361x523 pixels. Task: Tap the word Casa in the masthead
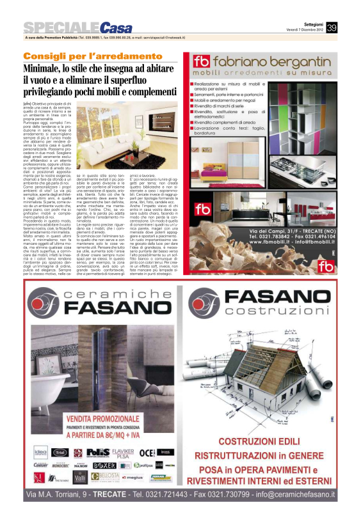116,27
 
